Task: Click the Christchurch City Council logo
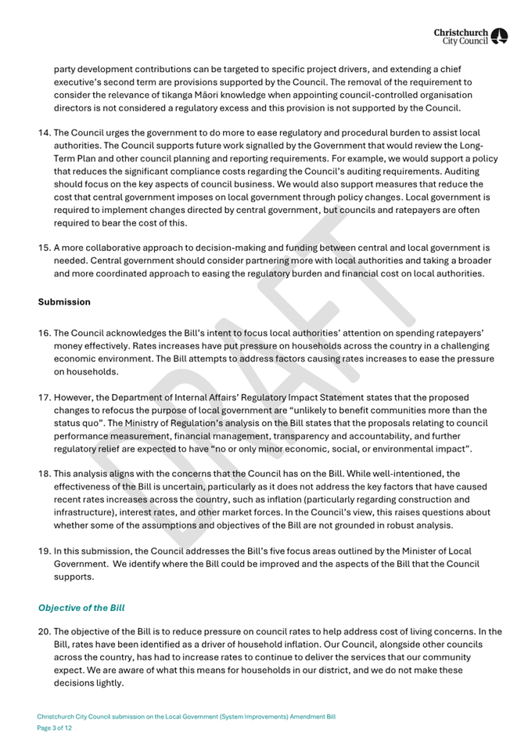[471, 35]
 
